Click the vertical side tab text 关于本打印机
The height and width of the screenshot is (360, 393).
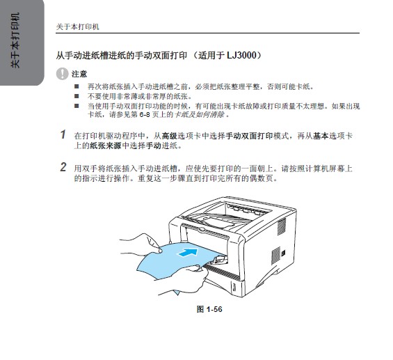click(x=15, y=40)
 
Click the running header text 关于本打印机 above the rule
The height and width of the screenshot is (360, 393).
click(x=77, y=26)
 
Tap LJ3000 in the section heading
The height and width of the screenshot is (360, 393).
click(x=241, y=55)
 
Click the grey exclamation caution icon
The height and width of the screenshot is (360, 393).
click(x=62, y=74)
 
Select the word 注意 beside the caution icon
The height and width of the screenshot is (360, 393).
click(x=79, y=75)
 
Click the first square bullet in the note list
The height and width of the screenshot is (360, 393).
click(x=77, y=87)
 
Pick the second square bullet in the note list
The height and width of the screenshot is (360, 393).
click(x=77, y=96)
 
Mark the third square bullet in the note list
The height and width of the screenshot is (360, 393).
click(x=77, y=106)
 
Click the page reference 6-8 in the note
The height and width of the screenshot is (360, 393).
click(x=145, y=115)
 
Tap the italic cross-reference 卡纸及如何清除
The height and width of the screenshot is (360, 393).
click(x=199, y=115)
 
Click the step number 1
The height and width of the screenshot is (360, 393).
click(x=63, y=134)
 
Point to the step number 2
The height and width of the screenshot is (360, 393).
click(x=63, y=167)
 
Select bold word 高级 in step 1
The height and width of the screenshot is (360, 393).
click(x=170, y=136)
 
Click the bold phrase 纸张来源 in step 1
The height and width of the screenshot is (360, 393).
click(x=106, y=146)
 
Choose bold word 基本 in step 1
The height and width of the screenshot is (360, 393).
click(x=321, y=136)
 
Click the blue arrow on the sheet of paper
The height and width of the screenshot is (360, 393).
click(x=187, y=252)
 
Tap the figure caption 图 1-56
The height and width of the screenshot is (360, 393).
click(x=209, y=309)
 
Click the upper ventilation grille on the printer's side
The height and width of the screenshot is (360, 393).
click(x=282, y=226)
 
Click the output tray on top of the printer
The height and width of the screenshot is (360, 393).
click(x=218, y=219)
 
